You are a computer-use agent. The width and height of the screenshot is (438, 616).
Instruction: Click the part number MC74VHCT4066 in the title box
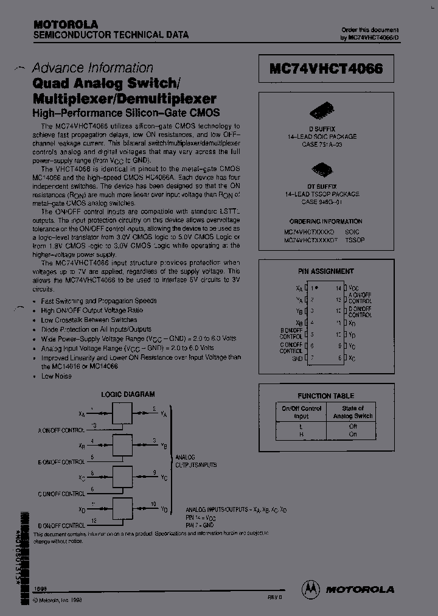(326, 69)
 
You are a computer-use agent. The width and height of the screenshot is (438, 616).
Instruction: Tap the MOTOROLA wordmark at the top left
(65, 24)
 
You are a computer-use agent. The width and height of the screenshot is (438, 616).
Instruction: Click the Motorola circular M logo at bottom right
(310, 588)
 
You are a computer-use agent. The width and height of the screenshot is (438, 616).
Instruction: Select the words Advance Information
(92, 68)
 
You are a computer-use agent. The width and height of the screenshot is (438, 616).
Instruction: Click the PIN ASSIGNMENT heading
(326, 271)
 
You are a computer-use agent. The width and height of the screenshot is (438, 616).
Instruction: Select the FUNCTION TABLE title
(325, 396)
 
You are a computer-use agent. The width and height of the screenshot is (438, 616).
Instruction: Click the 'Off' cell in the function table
(353, 426)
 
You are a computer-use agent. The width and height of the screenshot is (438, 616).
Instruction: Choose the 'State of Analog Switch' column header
(353, 412)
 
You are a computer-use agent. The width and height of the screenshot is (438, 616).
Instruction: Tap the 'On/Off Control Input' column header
(302, 412)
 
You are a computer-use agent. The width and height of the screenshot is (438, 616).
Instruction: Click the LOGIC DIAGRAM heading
(128, 394)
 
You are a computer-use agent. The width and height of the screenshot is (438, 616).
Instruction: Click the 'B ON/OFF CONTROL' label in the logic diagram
(61, 462)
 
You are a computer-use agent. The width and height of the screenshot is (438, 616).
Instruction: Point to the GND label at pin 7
(297, 359)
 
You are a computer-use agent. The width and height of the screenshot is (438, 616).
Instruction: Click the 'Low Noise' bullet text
(56, 376)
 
